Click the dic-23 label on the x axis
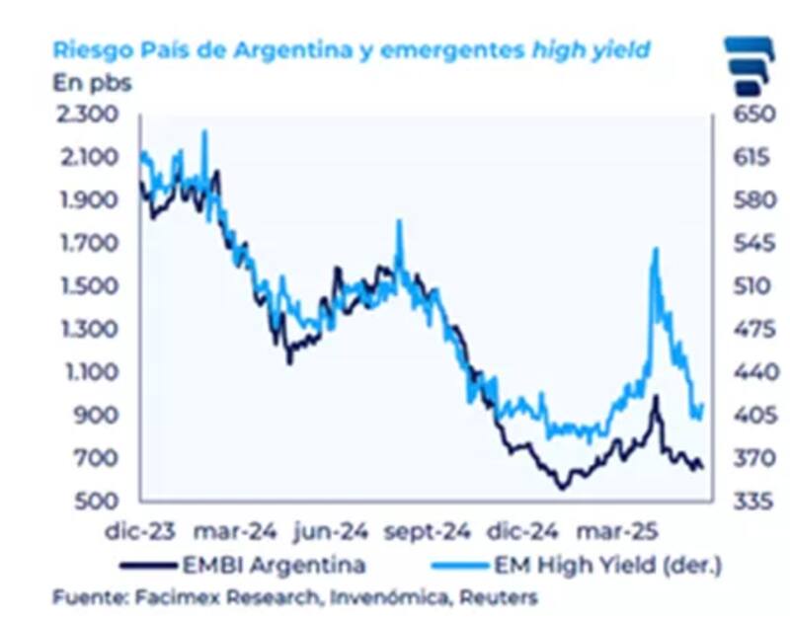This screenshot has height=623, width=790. [140, 531]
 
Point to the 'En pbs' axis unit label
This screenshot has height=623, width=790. [91, 82]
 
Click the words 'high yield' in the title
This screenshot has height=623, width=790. [592, 48]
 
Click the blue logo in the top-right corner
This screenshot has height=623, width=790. [751, 65]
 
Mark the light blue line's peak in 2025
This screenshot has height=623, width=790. [655, 250]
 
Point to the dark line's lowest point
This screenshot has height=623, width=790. [561, 488]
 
